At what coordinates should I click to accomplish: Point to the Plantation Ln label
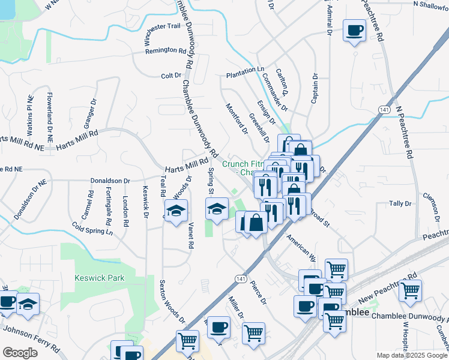(x=245, y=70)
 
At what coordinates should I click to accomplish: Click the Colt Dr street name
(x=171, y=75)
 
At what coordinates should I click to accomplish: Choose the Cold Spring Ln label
(x=92, y=228)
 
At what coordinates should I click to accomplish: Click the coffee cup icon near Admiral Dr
(x=354, y=29)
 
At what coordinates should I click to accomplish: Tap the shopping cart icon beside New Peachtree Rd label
(x=411, y=290)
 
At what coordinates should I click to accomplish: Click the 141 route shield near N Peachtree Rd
(x=384, y=109)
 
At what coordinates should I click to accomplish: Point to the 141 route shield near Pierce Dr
(x=241, y=279)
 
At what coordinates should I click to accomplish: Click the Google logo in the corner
(x=20, y=353)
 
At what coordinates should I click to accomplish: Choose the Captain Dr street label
(x=314, y=88)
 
